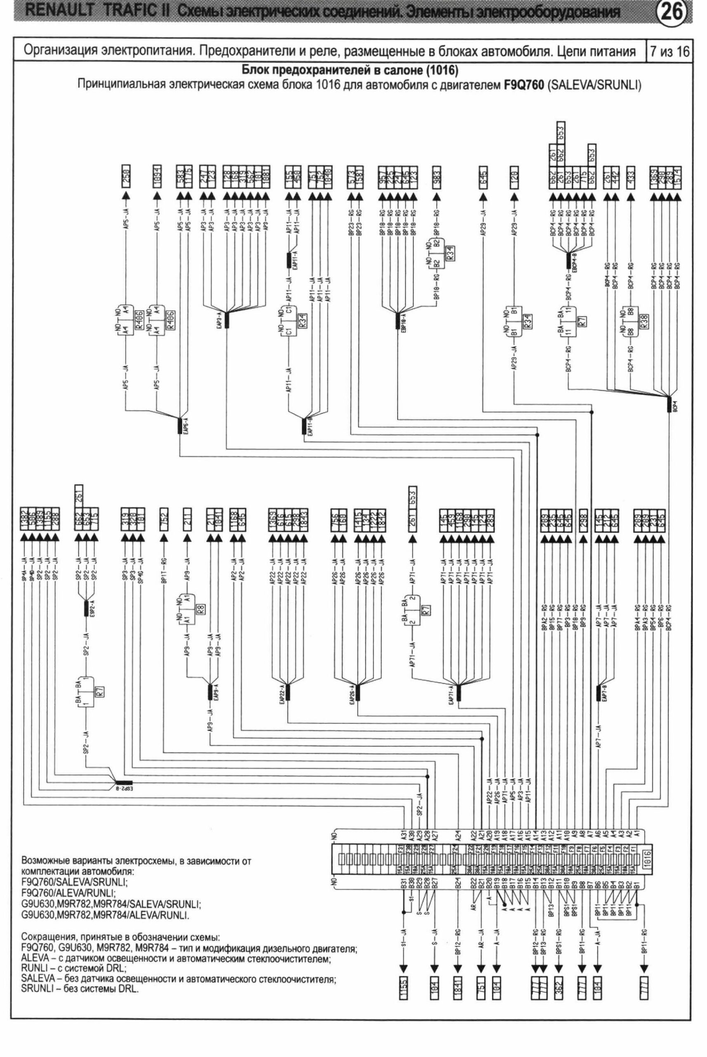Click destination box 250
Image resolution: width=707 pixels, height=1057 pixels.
(127, 174)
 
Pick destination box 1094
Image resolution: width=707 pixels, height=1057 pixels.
(157, 174)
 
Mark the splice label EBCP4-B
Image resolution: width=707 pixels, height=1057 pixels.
(575, 263)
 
